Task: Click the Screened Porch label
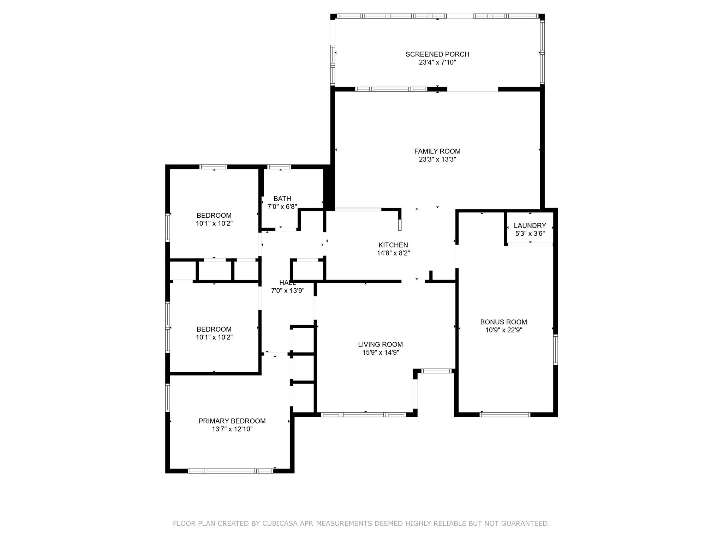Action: click(x=437, y=54)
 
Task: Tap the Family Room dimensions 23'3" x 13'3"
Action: click(x=437, y=159)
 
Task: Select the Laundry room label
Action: click(x=530, y=225)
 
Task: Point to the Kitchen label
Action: click(x=393, y=245)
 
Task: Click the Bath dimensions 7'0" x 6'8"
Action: click(x=282, y=207)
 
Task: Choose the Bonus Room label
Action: click(x=503, y=322)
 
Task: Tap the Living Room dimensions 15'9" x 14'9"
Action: click(x=380, y=353)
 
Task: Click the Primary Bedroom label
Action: click(x=232, y=421)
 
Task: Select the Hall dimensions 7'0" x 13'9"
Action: click(x=287, y=291)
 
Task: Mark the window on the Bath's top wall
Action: click(x=279, y=167)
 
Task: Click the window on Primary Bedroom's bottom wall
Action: click(x=231, y=471)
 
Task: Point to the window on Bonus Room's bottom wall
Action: click(x=505, y=415)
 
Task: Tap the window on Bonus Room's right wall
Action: click(x=555, y=349)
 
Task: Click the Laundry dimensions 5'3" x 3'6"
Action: click(x=530, y=234)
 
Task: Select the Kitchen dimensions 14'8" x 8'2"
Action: click(x=393, y=253)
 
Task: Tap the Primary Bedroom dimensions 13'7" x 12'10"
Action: click(x=232, y=429)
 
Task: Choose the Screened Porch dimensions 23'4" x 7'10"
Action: click(x=437, y=62)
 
